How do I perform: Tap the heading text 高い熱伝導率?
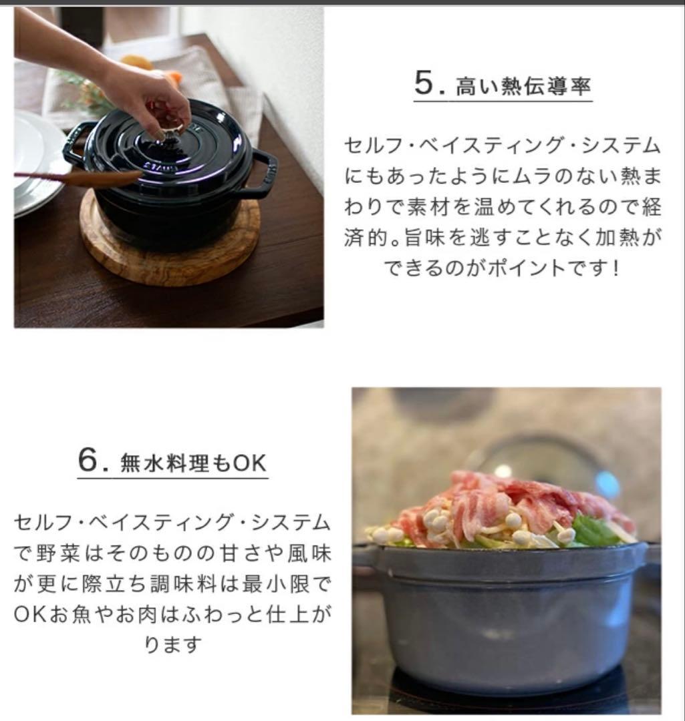coord(523,87)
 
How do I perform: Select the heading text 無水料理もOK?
coord(193,464)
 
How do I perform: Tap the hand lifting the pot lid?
coord(147,100)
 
